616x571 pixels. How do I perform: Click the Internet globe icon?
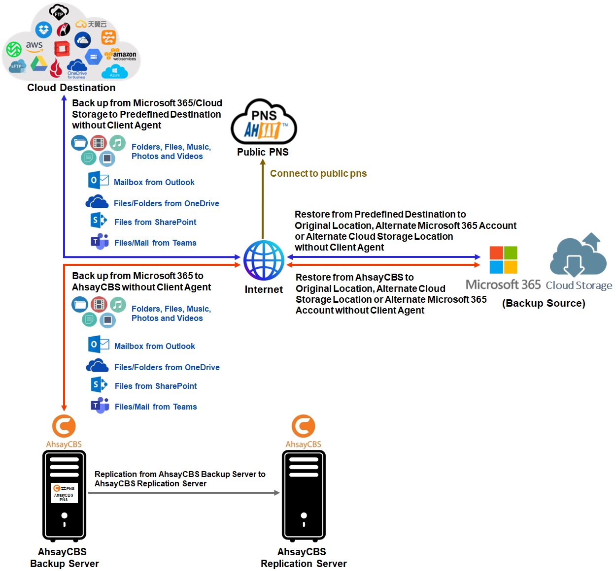tap(264, 260)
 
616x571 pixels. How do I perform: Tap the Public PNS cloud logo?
tap(264, 123)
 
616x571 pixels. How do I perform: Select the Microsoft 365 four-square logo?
tap(503, 260)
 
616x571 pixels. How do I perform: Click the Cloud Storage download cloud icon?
tap(578, 256)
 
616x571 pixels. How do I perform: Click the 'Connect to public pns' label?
tap(318, 173)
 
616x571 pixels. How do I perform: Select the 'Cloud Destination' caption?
tap(71, 88)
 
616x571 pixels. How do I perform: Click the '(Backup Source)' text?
tap(544, 303)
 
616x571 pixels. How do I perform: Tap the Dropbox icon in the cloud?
tap(44, 30)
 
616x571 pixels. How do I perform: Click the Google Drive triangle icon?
tap(38, 63)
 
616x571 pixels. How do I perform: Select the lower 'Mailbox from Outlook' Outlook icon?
tap(98, 344)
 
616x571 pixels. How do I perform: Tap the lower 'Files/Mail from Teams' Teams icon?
tap(100, 406)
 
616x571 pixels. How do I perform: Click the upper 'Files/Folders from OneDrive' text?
tap(166, 203)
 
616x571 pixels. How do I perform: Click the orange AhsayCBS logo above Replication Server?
tap(303, 426)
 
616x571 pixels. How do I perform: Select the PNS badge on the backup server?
tap(64, 493)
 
